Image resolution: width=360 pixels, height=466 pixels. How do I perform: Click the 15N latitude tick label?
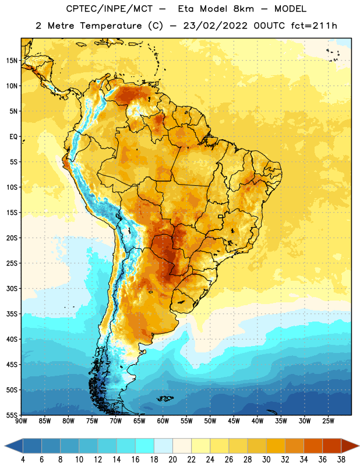[x=12, y=61]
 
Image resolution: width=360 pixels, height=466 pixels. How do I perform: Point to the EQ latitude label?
[x=13, y=137]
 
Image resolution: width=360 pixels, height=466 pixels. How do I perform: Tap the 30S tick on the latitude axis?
[x=12, y=288]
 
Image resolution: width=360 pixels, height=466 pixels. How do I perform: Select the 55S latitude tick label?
[x=12, y=415]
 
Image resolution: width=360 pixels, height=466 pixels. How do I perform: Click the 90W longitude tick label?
[x=21, y=421]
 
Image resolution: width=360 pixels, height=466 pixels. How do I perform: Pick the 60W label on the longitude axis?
[x=163, y=421]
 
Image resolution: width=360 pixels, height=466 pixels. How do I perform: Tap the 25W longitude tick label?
[x=328, y=421]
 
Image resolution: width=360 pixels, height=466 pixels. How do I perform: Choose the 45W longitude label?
[x=234, y=421]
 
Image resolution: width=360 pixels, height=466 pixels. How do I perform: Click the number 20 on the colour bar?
[x=172, y=460]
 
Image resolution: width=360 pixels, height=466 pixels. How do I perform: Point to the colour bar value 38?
[x=341, y=460]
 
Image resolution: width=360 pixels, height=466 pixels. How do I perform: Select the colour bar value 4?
[x=23, y=460]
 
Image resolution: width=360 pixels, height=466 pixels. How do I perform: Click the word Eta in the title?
[x=186, y=9]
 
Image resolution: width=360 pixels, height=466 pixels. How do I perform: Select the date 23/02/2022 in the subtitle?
[x=215, y=26]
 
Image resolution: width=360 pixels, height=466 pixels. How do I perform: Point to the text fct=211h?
[x=314, y=26]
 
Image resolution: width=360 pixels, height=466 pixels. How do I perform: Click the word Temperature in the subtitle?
[x=111, y=26]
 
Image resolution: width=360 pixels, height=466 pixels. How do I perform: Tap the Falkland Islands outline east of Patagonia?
[x=165, y=398]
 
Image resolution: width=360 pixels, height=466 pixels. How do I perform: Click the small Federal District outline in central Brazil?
[x=221, y=217]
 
